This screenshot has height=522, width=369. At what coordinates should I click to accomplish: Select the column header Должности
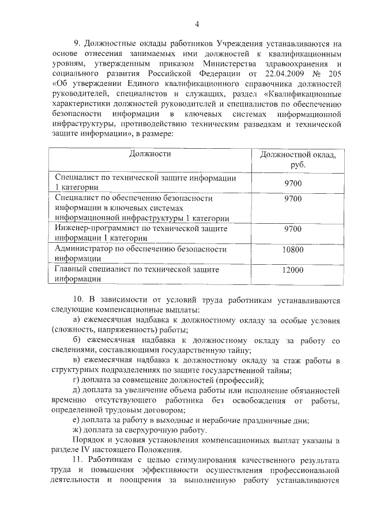point(150,155)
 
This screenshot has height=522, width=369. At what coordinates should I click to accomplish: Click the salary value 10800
point(293,250)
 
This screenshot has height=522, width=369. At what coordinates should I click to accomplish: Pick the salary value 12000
point(293,270)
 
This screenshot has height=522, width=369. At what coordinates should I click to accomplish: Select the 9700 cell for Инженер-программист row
point(293,229)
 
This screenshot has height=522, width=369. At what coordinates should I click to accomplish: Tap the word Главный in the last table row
point(71,269)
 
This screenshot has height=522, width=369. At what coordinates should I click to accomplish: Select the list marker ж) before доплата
point(74,430)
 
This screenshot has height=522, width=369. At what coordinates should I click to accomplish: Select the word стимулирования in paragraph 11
point(214,461)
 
